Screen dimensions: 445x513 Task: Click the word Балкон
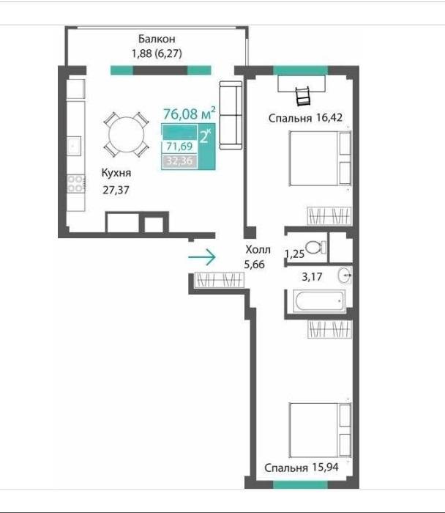click(157, 39)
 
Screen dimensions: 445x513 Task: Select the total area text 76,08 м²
click(190, 113)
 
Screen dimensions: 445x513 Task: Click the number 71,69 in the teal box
click(179, 146)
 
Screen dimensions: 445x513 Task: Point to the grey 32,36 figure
click(179, 161)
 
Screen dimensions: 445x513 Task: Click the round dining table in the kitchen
click(127, 134)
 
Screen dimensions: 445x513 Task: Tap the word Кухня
click(116, 173)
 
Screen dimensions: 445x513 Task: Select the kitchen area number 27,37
click(116, 190)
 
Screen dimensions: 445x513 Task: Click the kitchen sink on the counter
click(74, 146)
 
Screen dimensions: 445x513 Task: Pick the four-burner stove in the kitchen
click(76, 183)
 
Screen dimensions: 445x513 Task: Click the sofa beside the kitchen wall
click(231, 115)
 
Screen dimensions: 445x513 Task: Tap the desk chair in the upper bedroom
click(303, 96)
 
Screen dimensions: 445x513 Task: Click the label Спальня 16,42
click(305, 118)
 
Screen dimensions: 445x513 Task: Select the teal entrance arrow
click(202, 257)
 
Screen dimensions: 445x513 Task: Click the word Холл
click(258, 250)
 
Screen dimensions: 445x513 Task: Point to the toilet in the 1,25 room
click(315, 247)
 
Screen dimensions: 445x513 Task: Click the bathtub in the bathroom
click(319, 301)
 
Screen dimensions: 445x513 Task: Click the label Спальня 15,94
click(302, 468)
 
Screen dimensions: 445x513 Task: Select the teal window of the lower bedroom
click(300, 484)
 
